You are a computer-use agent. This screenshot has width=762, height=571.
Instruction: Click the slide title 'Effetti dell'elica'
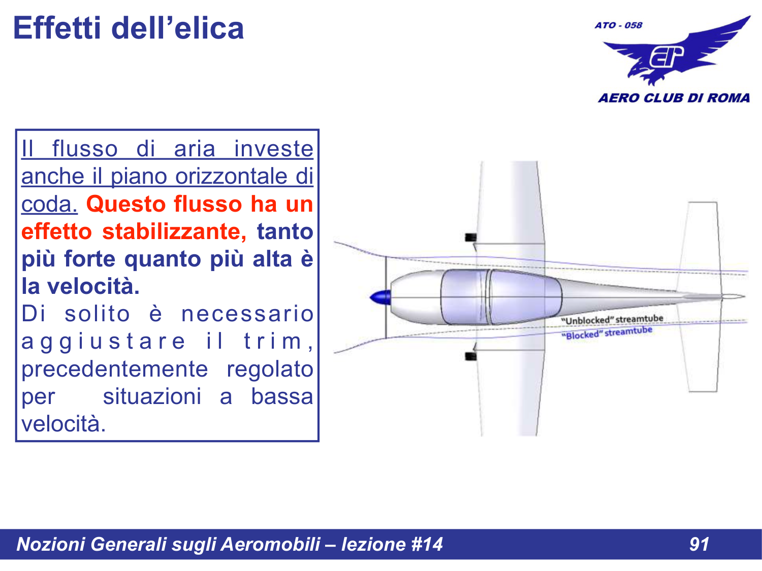point(128,28)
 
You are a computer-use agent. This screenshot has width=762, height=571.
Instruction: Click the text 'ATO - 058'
point(618,25)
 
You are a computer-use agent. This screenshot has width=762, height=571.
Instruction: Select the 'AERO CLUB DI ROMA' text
point(674,98)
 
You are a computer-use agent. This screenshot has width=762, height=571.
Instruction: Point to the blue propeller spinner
point(380,297)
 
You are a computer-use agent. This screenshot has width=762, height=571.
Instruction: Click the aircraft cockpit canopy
point(500,297)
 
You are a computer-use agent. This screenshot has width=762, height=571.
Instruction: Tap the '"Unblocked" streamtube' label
point(612,320)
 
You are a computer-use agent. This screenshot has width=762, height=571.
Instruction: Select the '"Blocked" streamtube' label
point(607,333)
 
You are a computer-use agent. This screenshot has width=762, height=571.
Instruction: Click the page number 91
point(699,545)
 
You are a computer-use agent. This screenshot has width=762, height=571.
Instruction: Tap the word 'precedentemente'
point(115,370)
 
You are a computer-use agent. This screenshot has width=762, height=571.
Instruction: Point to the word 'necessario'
point(247,314)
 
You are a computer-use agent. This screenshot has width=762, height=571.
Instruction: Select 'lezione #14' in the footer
point(392,545)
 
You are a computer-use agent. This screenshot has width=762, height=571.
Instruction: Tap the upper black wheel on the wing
point(471,237)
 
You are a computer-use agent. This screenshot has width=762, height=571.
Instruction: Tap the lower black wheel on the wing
point(471,356)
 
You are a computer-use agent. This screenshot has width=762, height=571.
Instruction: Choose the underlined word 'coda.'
point(49,205)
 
